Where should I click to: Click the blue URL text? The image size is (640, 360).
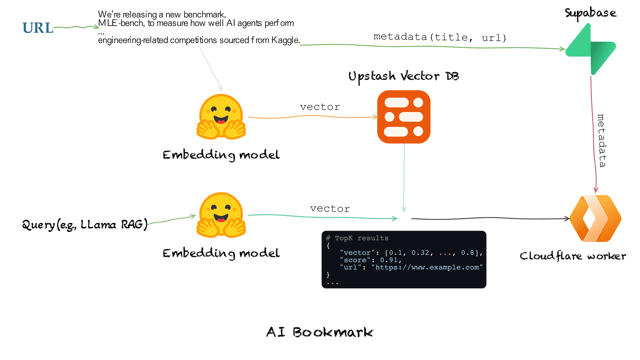point(38,28)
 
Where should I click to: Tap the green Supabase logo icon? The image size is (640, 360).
point(591,49)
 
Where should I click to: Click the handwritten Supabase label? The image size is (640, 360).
point(590,13)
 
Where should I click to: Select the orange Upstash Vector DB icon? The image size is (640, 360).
point(404,117)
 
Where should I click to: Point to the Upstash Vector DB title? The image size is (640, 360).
point(404,77)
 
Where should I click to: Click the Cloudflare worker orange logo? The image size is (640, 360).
point(595,218)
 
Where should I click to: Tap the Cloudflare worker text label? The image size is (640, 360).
point(573,256)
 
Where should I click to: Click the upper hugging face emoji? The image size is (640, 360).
point(221,117)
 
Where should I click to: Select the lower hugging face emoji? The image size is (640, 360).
point(221,215)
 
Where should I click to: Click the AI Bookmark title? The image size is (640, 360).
point(320,332)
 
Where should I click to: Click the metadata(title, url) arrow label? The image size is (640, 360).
point(440,37)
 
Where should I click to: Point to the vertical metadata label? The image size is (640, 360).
point(601,140)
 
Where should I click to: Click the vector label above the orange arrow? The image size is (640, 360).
point(320,107)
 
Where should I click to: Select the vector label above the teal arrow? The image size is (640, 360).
point(330,209)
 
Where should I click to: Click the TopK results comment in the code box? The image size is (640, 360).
point(357,238)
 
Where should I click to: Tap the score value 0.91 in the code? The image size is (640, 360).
point(389,260)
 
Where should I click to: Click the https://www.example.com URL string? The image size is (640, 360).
point(427,267)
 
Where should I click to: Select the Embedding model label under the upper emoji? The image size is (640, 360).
point(221,155)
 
